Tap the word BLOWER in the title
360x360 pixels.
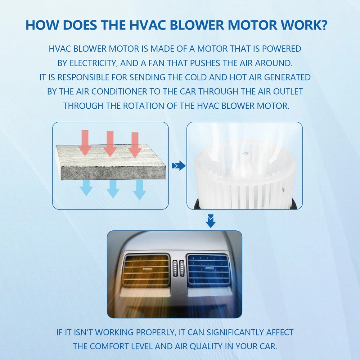pos(197,25)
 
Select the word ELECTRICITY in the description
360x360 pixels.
pos(94,63)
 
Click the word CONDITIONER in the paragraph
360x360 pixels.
pos(120,91)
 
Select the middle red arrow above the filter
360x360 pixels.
pos(110,144)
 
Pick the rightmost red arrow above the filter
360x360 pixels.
pos(135,145)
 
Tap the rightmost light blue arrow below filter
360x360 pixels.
pos(140,190)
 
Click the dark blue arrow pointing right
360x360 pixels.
pos(179,166)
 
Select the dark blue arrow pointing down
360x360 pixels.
pos(211,221)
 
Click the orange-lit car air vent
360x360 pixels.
pos(147,270)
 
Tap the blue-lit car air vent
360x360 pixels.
pos(208,269)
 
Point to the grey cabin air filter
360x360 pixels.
pos(111,162)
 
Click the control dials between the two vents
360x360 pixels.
pos(179,269)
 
